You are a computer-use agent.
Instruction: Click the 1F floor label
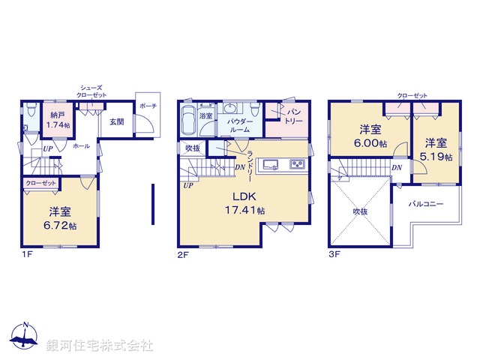26,253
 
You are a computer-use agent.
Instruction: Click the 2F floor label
183,253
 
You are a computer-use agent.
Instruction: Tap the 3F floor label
334,253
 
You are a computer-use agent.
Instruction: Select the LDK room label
245,197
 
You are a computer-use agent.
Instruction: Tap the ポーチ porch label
148,106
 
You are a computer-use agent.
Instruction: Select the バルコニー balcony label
426,203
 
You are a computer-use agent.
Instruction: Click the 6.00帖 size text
373,144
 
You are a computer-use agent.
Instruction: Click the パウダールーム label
240,124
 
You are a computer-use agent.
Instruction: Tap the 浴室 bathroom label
205,116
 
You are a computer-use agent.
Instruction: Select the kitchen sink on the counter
271,166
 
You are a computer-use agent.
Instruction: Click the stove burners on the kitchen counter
297,166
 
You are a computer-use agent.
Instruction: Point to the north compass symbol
25,337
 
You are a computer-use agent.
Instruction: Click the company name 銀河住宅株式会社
100,346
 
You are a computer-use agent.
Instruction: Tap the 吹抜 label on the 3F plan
361,211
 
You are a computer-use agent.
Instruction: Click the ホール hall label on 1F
81,147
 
